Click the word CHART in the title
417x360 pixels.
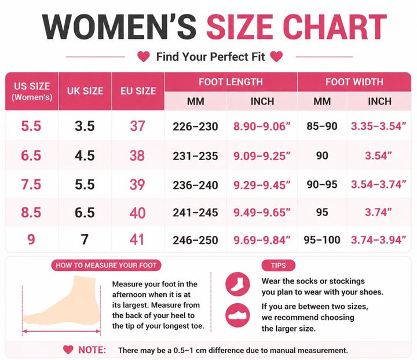tap(335, 27)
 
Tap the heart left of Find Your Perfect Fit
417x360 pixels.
tap(144, 57)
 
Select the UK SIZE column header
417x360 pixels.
tap(85, 91)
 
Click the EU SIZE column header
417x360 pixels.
tap(138, 91)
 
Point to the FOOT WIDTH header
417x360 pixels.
tap(354, 82)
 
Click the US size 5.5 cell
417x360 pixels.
tap(31, 126)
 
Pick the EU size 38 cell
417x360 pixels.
tap(137, 155)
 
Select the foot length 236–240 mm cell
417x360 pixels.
tap(196, 185)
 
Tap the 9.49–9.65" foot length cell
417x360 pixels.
tap(262, 213)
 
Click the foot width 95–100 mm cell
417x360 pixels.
tap(322, 240)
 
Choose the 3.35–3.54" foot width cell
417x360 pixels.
tap(379, 126)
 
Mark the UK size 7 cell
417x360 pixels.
tap(85, 239)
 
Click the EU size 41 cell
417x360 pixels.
tap(137, 239)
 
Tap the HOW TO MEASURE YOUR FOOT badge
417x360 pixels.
tap(106, 265)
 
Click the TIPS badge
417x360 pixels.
tap(279, 265)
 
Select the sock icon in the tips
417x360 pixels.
tap(237, 284)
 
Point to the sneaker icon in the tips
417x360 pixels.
tap(237, 315)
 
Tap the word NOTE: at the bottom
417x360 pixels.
tap(92, 350)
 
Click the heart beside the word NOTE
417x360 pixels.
tap(68, 350)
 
